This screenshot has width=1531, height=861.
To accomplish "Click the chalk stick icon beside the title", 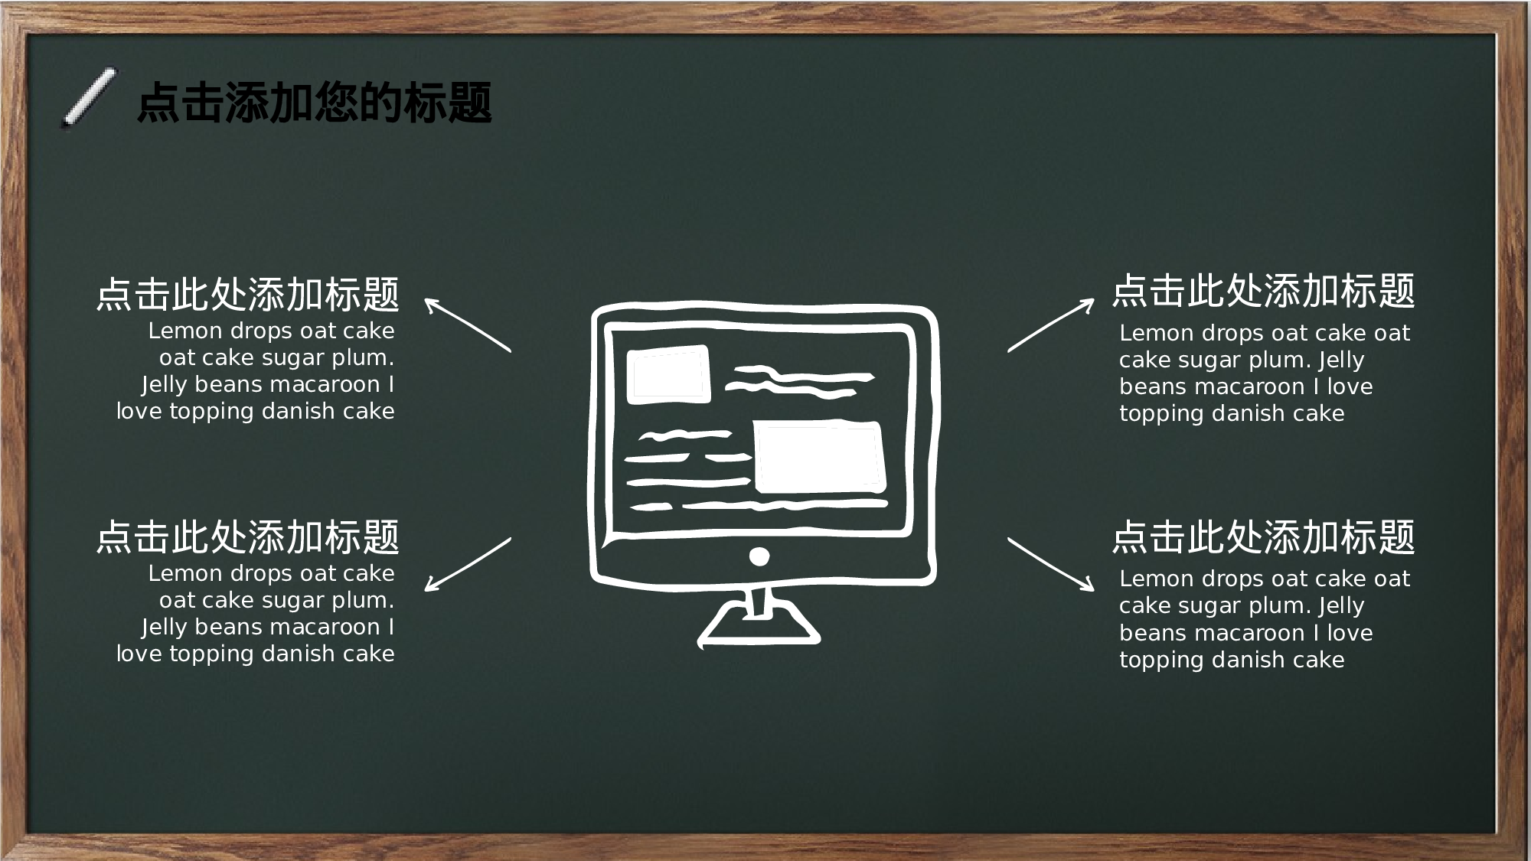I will click(x=90, y=96).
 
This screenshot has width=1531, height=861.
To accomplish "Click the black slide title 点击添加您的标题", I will click(x=314, y=103).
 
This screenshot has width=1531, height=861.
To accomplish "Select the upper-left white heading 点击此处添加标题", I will click(x=248, y=295).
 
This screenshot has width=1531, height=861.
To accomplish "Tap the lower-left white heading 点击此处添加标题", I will click(x=248, y=536).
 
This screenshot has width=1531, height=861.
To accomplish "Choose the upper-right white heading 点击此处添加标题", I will click(x=1263, y=292).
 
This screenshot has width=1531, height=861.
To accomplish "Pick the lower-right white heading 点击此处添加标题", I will click(x=1263, y=536).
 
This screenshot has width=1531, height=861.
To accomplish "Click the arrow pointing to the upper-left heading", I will click(x=468, y=325).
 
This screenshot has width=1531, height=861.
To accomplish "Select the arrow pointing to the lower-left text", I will click(x=468, y=565).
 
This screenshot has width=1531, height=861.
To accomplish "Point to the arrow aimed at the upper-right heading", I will click(x=1051, y=325).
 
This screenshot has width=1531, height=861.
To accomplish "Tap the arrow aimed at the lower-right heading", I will click(x=1051, y=565).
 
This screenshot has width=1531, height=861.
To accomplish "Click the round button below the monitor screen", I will click(x=759, y=556).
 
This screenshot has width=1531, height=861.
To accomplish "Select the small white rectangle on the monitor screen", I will click(x=668, y=374).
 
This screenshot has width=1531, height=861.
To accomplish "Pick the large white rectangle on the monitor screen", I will click(x=819, y=456).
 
